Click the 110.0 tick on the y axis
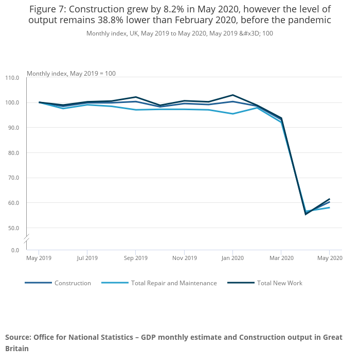[12, 78]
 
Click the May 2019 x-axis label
[39, 258]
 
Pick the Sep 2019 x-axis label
[136, 258]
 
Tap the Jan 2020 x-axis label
[232, 258]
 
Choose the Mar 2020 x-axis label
[281, 258]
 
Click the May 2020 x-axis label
[330, 258]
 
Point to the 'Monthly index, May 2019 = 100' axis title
[71, 74]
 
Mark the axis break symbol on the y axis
[26, 240]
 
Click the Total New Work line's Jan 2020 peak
[232, 95]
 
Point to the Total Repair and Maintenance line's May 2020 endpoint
[329, 207]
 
